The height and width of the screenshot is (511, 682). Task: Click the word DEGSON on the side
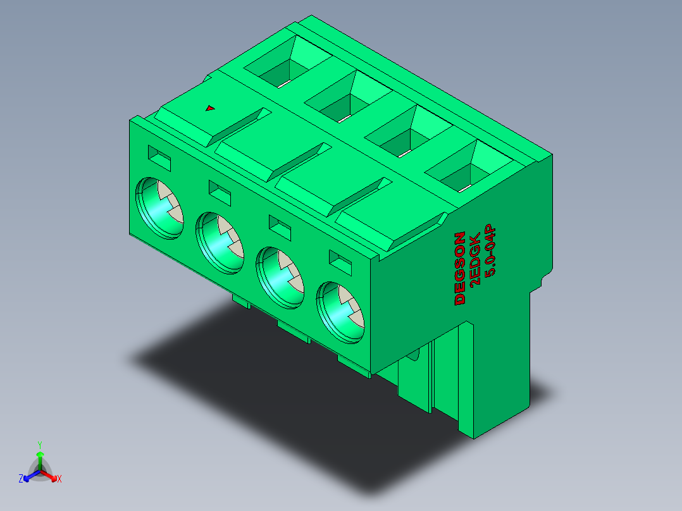point(460,268)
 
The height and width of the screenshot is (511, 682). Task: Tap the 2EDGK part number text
point(475,258)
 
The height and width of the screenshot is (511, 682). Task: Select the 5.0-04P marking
point(490,250)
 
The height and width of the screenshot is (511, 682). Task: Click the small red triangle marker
point(210,108)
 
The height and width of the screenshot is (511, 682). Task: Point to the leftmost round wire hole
point(159,208)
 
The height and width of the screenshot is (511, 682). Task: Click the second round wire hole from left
point(220,243)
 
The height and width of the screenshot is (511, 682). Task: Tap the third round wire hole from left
point(280,278)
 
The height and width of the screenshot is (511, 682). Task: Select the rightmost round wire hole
point(340,312)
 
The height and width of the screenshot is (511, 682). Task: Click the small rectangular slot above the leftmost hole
point(159,158)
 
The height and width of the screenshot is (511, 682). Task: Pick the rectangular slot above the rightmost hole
point(340,262)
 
